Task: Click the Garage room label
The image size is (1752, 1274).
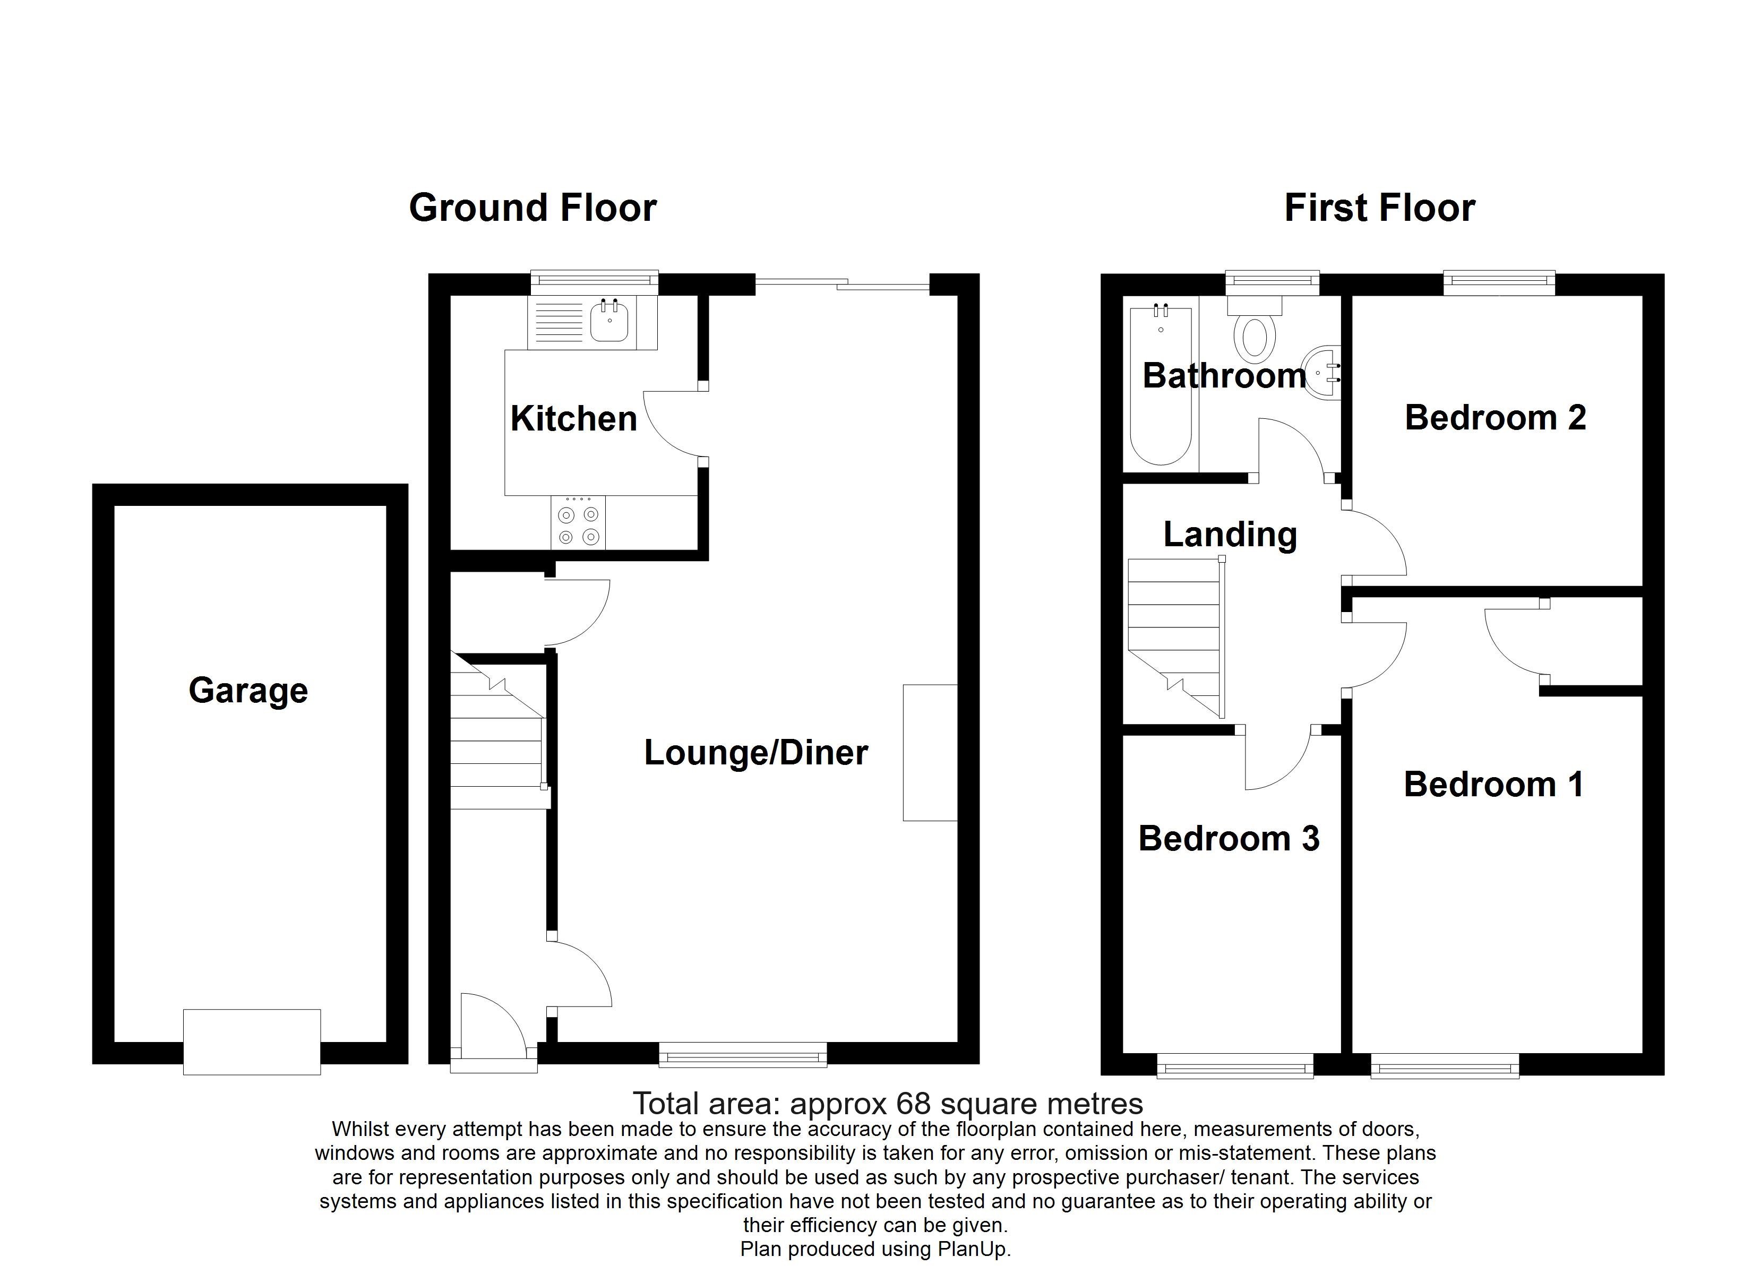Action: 248,690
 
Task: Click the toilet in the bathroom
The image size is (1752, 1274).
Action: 1255,338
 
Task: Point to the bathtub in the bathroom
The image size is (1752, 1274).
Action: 1160,386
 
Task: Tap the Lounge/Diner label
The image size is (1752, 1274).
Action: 755,753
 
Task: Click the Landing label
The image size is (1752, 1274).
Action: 1230,535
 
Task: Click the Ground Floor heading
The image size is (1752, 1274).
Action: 533,209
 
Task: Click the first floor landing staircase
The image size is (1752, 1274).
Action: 1174,638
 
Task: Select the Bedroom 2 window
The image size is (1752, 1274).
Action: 1499,283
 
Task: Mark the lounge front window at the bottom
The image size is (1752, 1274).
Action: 742,1055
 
